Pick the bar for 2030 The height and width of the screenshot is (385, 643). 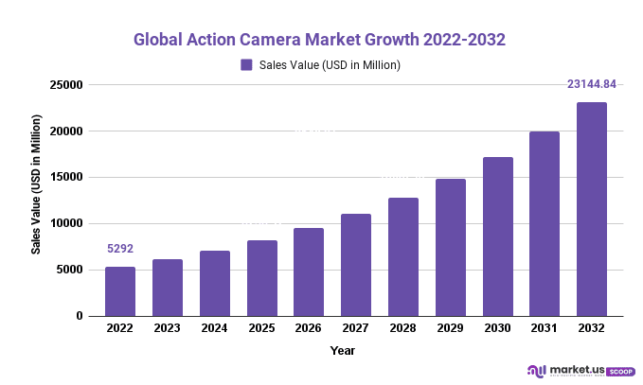(x=498, y=236)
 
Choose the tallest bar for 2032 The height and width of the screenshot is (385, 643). (x=592, y=209)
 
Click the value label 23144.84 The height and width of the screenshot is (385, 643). (x=592, y=84)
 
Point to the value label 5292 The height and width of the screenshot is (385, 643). (x=120, y=250)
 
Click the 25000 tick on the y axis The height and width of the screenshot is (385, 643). (x=69, y=85)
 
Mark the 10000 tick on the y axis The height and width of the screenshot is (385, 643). (x=69, y=223)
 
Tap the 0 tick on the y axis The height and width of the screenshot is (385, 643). (x=80, y=316)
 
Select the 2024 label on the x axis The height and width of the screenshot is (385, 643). (x=215, y=330)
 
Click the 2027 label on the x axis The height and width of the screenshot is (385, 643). (x=356, y=330)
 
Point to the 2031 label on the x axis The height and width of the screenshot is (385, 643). (x=545, y=330)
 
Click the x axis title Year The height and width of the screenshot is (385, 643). (x=343, y=351)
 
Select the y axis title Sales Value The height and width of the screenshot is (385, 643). (x=36, y=185)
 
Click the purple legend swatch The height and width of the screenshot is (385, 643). (x=246, y=65)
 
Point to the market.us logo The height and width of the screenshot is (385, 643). (x=562, y=370)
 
